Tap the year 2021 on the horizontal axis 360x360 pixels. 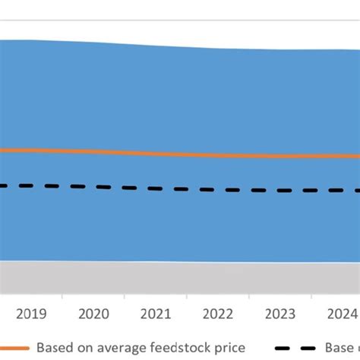tap(156, 313)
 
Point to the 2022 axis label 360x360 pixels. tap(218, 313)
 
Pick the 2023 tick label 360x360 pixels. tap(281, 313)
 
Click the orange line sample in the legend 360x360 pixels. tap(15, 347)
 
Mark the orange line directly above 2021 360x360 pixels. tap(156, 153)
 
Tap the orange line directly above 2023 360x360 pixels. tap(281, 156)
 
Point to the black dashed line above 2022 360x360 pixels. tap(218, 189)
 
